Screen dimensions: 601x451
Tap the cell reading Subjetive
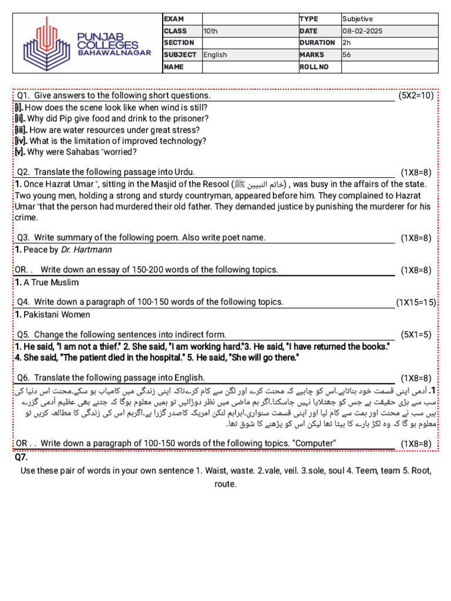coord(358,19)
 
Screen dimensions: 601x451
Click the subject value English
coord(215,55)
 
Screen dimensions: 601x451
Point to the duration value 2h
coord(346,43)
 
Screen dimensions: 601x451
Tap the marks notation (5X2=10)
coord(416,96)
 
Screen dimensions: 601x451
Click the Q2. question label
coord(23,172)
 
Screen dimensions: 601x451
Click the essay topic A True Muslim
coord(51,282)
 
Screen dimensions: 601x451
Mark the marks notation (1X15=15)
coord(416,302)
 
